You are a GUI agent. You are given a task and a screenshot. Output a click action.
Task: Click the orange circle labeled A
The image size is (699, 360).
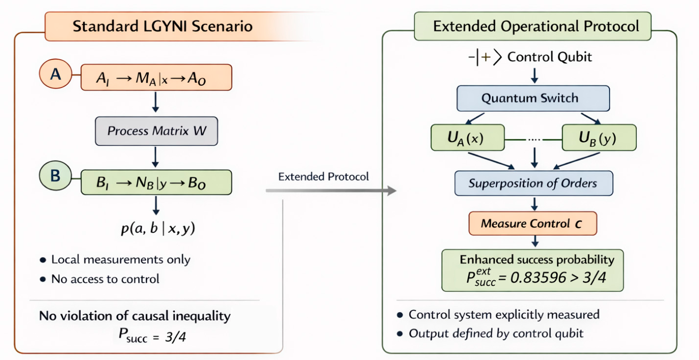(x=56, y=74)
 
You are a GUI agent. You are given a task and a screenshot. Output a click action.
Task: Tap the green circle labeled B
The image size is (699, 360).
(x=55, y=176)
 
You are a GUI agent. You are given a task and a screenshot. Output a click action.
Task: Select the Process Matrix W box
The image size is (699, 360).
(x=156, y=131)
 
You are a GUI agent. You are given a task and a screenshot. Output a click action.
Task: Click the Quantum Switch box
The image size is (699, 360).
(x=533, y=98)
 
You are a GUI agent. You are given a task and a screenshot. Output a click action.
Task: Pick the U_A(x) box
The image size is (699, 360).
(x=467, y=137)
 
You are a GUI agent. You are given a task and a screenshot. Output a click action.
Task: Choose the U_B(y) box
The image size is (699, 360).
(x=599, y=137)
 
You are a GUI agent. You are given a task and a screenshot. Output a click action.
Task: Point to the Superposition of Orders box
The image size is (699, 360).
(x=534, y=183)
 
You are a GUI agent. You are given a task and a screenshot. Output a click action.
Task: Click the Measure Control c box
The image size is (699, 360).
(x=533, y=224)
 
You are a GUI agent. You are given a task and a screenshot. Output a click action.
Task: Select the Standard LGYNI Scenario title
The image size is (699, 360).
(x=163, y=26)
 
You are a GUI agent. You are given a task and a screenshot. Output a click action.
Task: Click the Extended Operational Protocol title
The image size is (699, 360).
(x=536, y=26)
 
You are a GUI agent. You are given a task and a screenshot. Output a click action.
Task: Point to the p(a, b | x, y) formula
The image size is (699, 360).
(x=158, y=229)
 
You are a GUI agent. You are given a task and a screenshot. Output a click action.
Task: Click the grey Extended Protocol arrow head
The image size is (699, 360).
(x=392, y=190)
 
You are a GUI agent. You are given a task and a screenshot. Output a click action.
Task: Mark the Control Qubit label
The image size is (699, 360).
(x=550, y=57)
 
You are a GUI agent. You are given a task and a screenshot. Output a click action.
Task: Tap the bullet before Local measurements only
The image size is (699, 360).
(x=43, y=260)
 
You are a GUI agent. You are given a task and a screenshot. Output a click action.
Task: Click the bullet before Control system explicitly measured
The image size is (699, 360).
(x=400, y=315)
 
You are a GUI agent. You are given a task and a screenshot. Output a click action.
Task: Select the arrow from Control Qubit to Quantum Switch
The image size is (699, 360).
(x=535, y=76)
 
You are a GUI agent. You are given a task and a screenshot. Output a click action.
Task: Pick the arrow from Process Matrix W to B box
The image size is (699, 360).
(x=155, y=157)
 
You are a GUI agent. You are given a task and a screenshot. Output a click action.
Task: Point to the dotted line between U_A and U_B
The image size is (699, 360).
(x=533, y=139)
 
